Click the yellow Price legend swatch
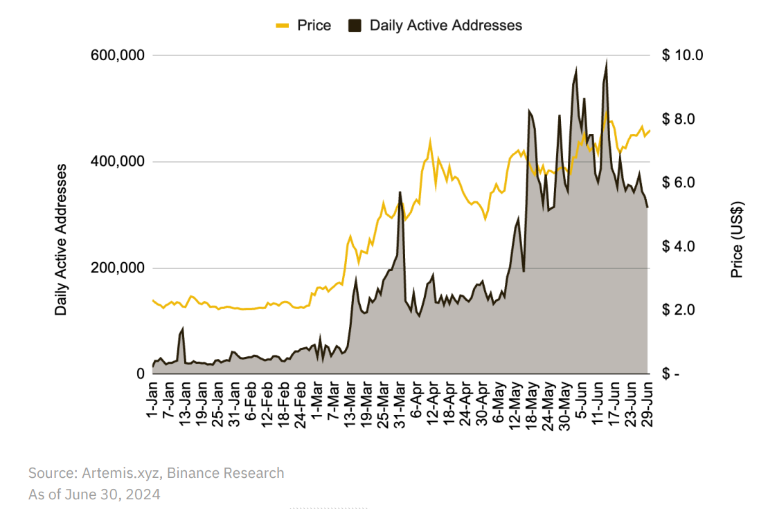[282, 26]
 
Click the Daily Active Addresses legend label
[445, 26]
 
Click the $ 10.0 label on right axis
[682, 55]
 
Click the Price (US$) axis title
[738, 239]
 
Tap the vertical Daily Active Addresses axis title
[61, 239]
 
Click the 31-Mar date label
[400, 408]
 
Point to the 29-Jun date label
[648, 408]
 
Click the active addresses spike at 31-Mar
[400, 192]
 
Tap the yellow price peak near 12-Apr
[430, 143]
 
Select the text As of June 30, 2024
[94, 494]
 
